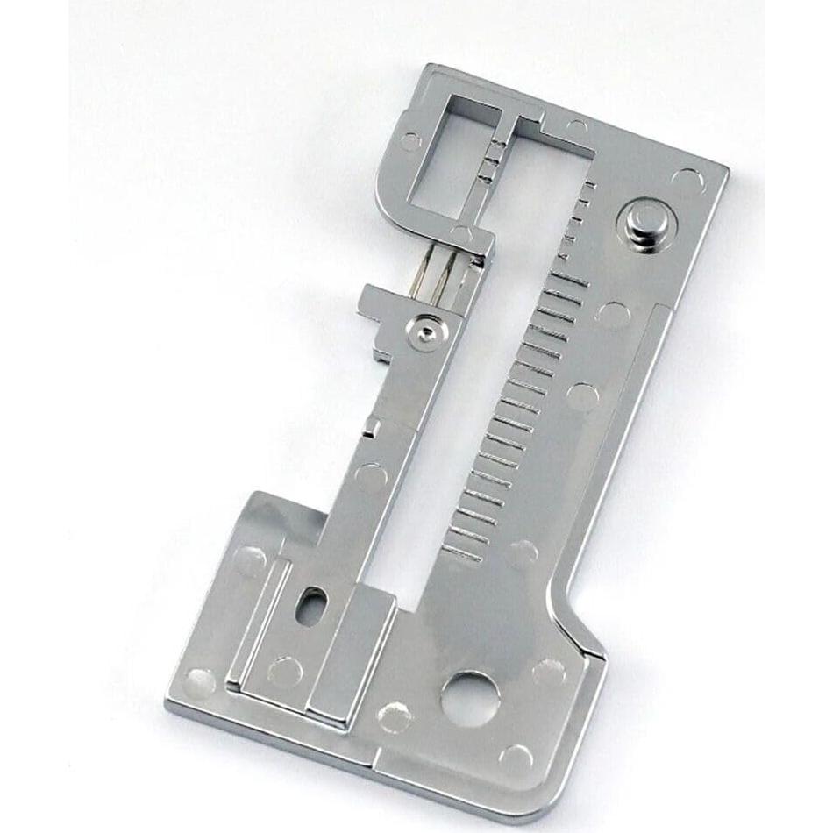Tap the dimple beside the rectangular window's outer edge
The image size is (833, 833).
tap(409, 140)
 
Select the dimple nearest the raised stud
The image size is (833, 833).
tap(687, 181)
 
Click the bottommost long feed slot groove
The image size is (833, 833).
tap(462, 553)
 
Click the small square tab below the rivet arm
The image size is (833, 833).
tap(373, 427)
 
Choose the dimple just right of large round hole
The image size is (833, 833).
tap(548, 672)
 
